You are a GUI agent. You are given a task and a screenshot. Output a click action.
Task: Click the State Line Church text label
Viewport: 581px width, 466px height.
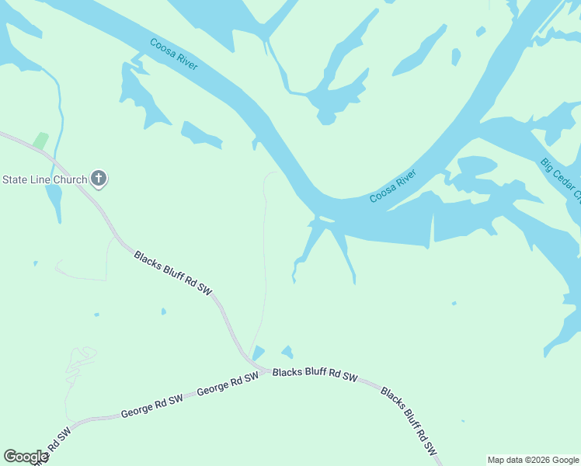[44, 179]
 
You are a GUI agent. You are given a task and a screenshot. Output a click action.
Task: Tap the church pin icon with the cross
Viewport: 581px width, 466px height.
[99, 179]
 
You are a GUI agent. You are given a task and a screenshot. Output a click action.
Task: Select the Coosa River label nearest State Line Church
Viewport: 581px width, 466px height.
[173, 54]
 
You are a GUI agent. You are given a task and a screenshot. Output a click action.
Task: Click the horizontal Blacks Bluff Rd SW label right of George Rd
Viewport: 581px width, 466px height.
[315, 374]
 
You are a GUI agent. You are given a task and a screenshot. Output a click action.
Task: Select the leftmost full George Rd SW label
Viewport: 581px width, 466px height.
[151, 406]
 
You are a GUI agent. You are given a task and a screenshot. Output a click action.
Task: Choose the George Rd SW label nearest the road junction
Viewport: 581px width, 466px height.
[227, 384]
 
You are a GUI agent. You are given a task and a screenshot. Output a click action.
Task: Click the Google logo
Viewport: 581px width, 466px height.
[26, 457]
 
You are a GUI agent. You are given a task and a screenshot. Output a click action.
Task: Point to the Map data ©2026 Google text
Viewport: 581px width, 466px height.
[533, 460]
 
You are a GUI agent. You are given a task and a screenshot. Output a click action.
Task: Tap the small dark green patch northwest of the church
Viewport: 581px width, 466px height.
[40, 141]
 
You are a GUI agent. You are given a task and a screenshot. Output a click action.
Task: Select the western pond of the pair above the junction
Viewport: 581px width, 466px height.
[258, 353]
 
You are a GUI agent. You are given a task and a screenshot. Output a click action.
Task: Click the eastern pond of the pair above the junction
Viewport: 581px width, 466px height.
[287, 352]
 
